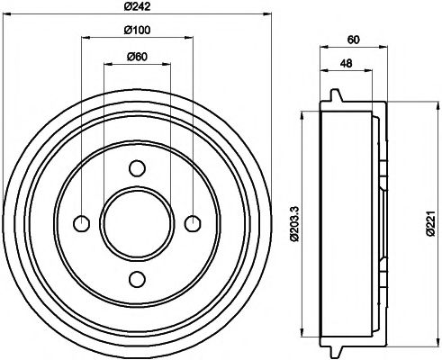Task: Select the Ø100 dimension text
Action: pos(137,32)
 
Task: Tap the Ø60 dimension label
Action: pos(137,57)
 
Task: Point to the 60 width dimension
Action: pos(353,40)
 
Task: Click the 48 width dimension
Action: pos(347,64)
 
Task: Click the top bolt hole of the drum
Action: pos(137,168)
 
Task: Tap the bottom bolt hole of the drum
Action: pos(137,277)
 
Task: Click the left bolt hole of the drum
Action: pos(82,223)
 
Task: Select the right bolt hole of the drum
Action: pos(192,223)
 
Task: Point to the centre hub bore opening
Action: pos(137,223)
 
